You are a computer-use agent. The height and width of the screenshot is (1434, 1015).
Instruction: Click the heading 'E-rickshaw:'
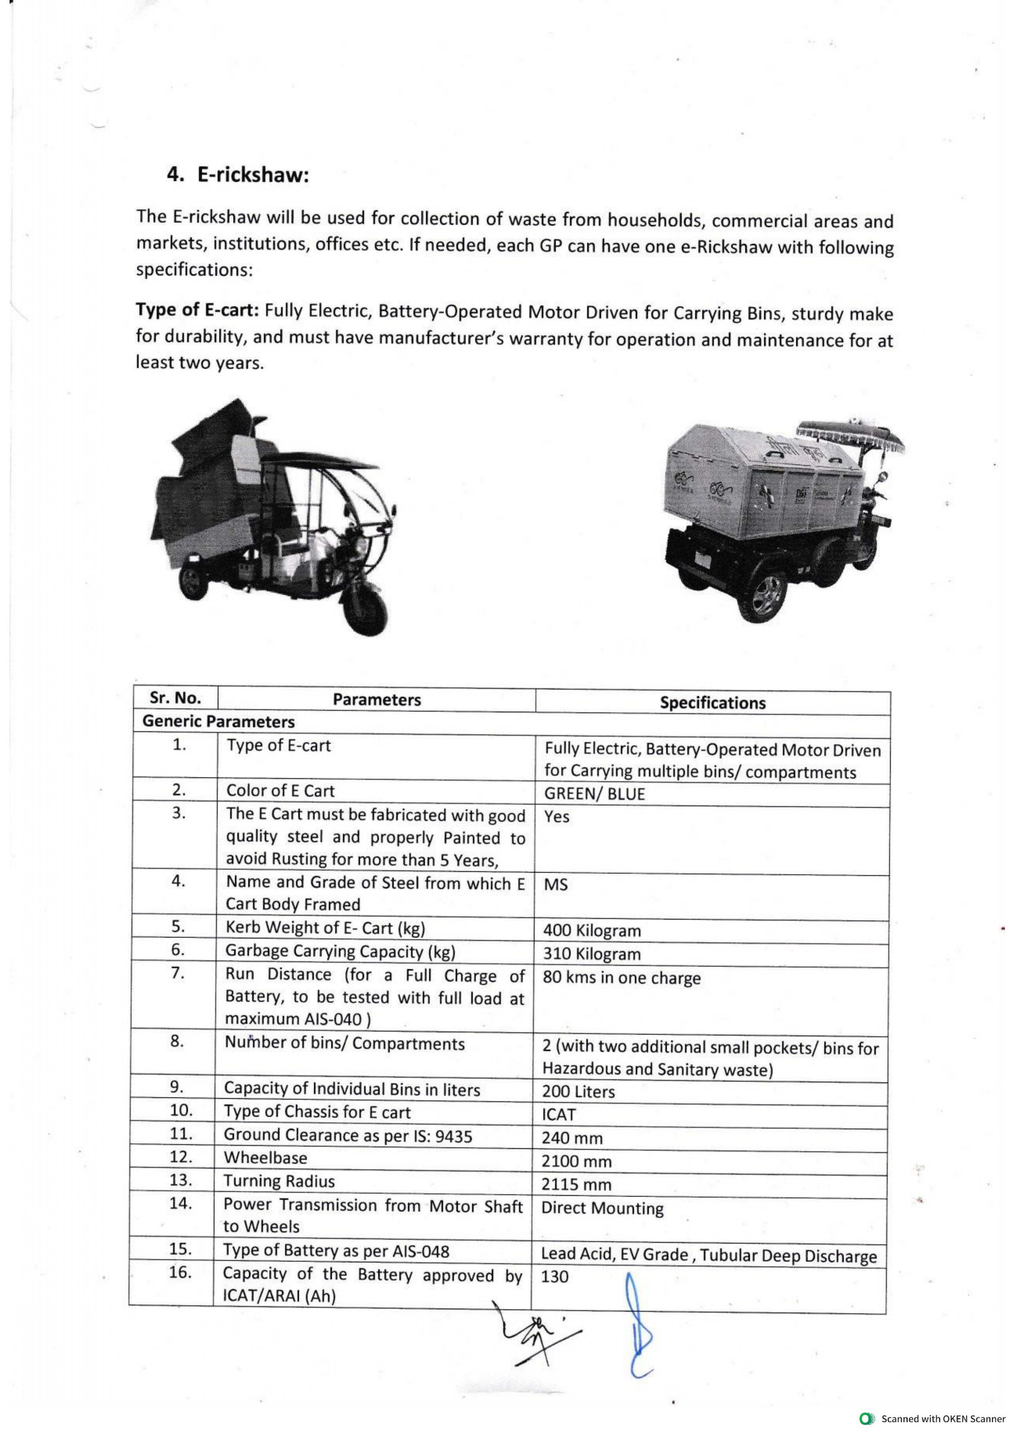pos(253,175)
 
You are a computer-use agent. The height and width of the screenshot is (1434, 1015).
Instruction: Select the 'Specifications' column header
pos(712,703)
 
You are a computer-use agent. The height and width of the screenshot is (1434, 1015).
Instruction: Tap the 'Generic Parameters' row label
pos(218,722)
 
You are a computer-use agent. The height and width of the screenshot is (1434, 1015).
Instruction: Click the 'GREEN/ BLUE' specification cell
pos(594,794)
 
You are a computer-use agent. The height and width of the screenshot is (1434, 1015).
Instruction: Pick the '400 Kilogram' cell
pos(592,930)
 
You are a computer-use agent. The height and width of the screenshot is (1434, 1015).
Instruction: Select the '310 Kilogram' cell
pos(592,954)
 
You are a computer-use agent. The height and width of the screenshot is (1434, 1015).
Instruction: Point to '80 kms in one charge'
pos(621,977)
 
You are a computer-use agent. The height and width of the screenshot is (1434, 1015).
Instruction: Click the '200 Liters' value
pos(578,1092)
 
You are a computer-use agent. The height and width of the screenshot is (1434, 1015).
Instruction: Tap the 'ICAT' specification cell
pos(558,1115)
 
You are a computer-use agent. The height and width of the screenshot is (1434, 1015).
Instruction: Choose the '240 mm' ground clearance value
pos(572,1138)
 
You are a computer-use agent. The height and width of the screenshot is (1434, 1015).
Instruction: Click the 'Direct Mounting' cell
pos(602,1208)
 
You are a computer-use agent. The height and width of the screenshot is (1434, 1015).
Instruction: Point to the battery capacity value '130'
pos(554,1277)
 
